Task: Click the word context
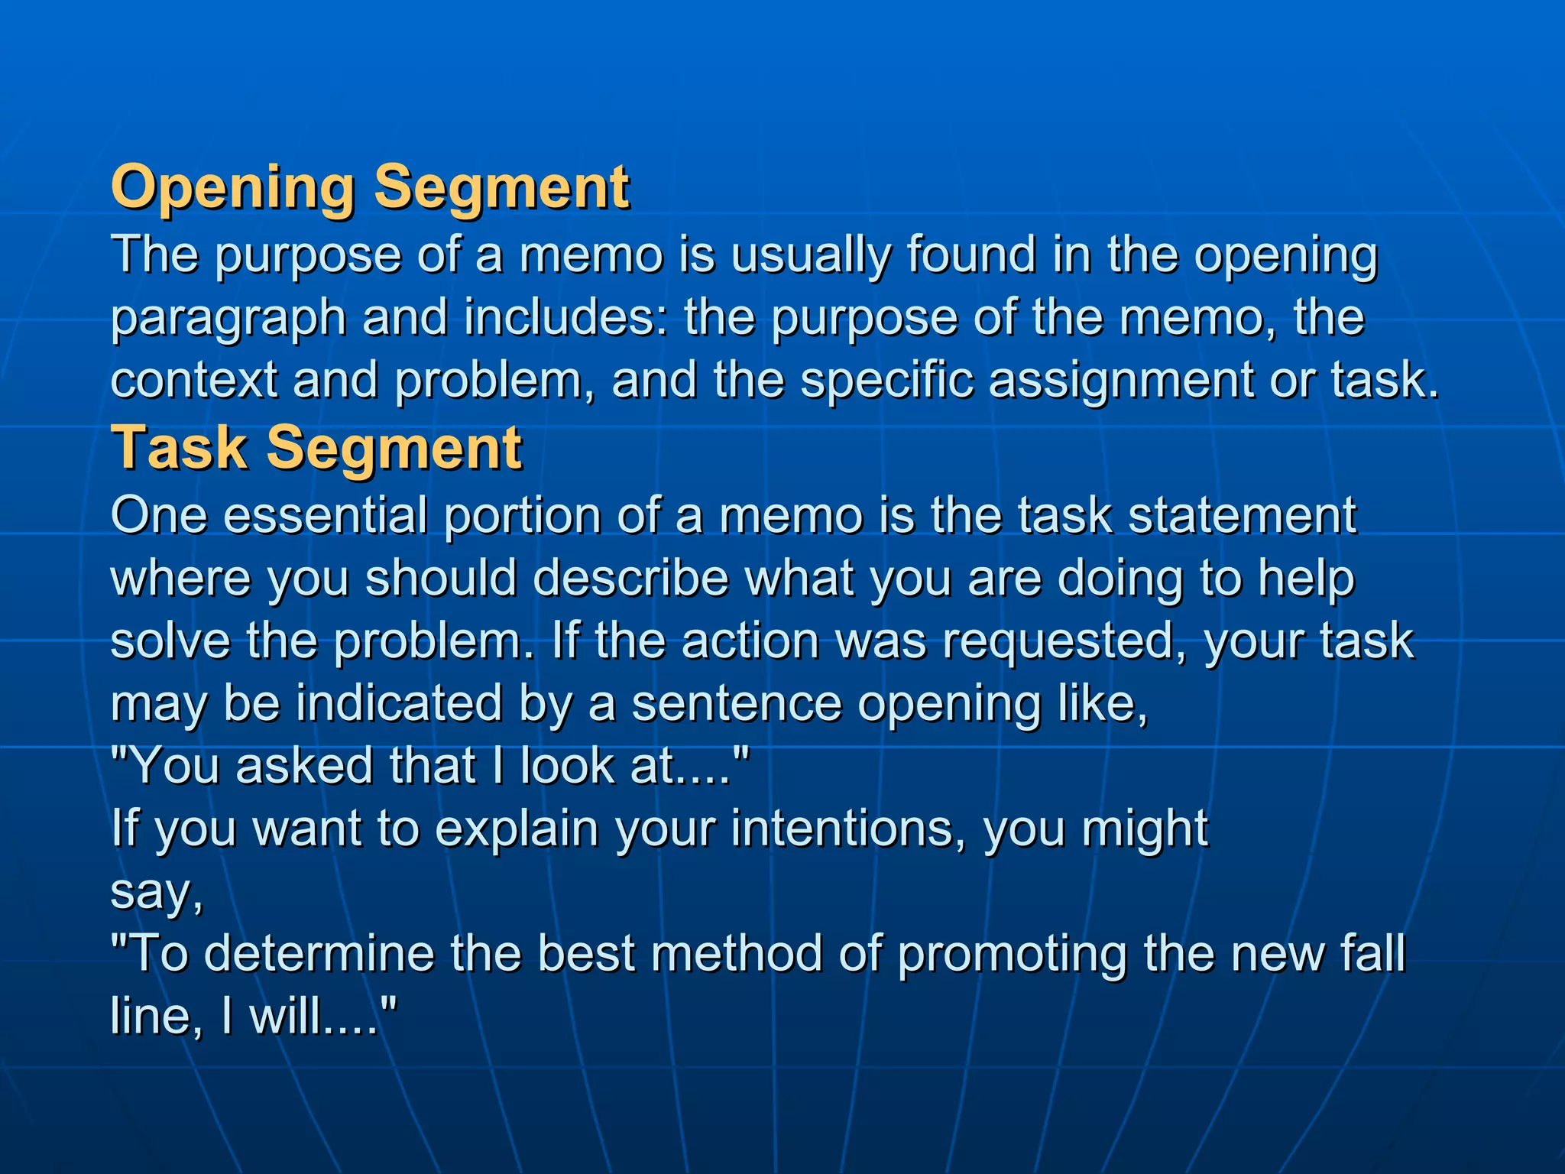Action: point(194,381)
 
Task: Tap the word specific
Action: point(886,381)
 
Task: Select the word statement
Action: point(1242,515)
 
